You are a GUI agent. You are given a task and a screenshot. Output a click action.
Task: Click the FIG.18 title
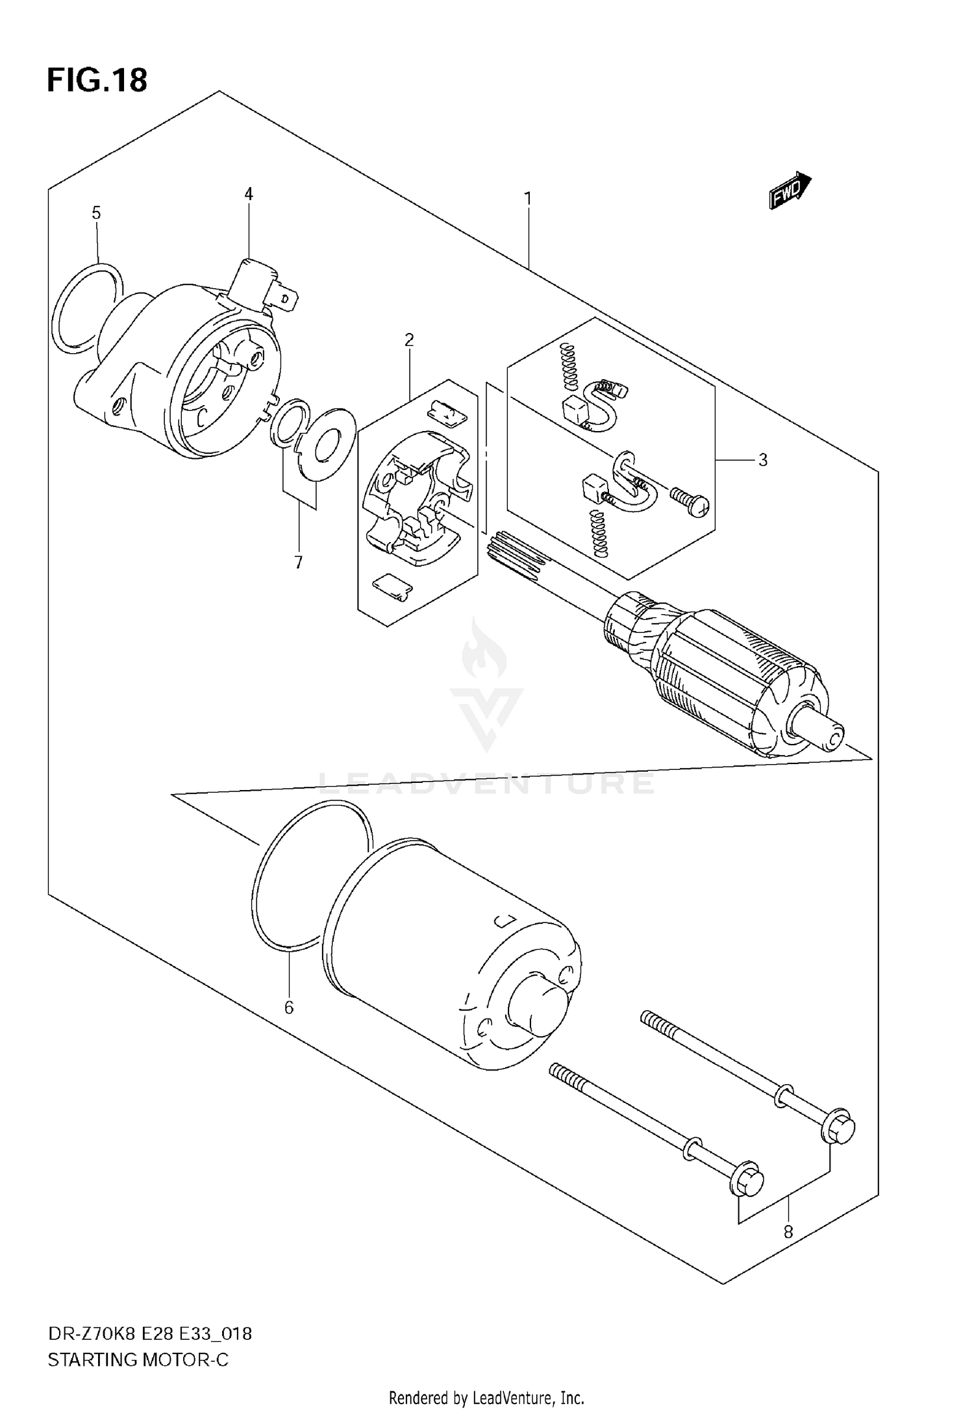(x=97, y=80)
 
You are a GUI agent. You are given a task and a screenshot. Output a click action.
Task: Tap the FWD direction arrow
(x=790, y=192)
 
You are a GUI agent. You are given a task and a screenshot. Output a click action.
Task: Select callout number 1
(x=528, y=198)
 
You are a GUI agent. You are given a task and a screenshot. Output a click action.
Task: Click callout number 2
(x=409, y=340)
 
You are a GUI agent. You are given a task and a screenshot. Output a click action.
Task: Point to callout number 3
(x=763, y=460)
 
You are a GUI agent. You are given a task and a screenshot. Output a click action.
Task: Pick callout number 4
(x=249, y=193)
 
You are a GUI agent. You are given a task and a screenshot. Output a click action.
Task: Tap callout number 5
(x=96, y=213)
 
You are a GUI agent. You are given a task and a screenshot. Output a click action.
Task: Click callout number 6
(x=289, y=1008)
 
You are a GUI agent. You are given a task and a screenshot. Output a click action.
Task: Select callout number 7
(x=299, y=562)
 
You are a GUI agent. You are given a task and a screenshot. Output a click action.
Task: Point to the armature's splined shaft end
(x=513, y=553)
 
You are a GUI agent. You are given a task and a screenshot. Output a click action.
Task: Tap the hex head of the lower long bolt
(x=747, y=1180)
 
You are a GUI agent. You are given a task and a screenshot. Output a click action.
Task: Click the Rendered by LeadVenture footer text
(x=486, y=1398)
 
